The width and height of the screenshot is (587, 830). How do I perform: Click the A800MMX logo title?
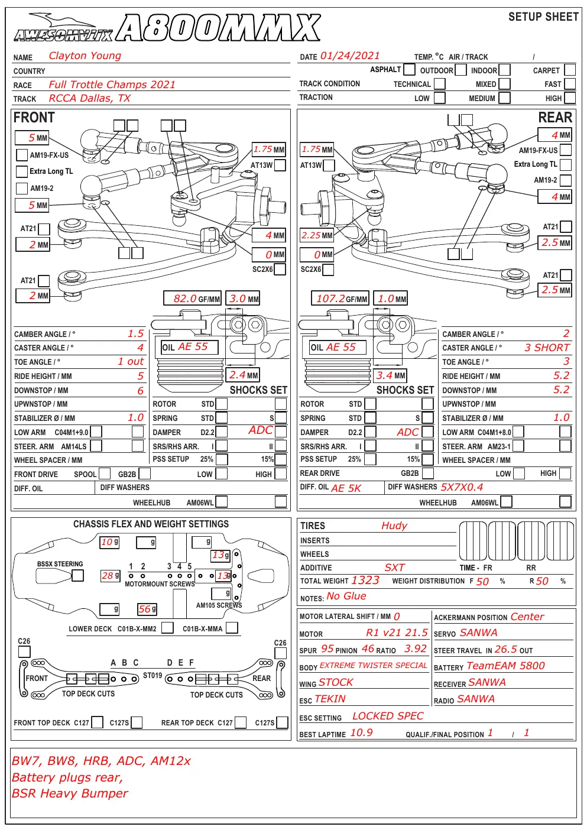click(218, 28)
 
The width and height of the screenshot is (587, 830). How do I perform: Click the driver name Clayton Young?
click(85, 56)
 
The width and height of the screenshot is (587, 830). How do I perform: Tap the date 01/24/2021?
click(350, 56)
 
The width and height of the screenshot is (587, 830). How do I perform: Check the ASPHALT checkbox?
click(409, 69)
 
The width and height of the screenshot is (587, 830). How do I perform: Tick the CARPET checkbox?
click(570, 70)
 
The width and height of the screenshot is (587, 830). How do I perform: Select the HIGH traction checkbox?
click(570, 98)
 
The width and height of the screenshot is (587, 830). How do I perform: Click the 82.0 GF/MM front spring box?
click(192, 299)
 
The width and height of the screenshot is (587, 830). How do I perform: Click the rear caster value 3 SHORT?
click(547, 348)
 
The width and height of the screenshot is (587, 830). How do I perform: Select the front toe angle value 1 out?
click(131, 361)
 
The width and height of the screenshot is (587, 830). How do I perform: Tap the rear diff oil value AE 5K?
click(346, 488)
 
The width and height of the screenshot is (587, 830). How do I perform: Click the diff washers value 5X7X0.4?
click(462, 487)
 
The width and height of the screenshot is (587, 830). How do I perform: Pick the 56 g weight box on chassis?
click(147, 609)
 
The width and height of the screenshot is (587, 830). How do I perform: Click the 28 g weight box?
click(111, 575)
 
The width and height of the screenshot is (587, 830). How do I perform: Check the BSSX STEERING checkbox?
click(78, 575)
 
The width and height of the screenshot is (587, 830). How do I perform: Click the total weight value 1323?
click(365, 581)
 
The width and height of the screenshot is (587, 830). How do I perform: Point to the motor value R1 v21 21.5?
click(397, 633)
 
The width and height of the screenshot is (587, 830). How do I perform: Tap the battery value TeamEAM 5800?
click(505, 666)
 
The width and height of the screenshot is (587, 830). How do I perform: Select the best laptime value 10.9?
click(361, 732)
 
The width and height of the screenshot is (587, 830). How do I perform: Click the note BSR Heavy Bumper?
click(70, 793)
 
